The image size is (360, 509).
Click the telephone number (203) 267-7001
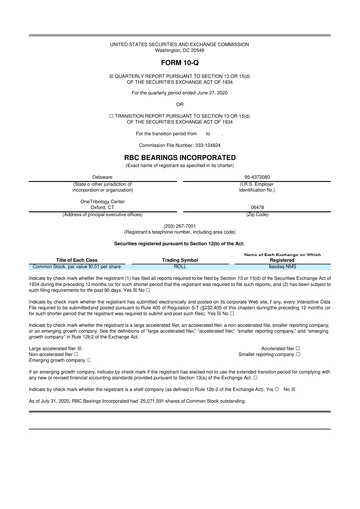[x=180, y=225]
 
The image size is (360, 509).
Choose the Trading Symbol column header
[x=180, y=261]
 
